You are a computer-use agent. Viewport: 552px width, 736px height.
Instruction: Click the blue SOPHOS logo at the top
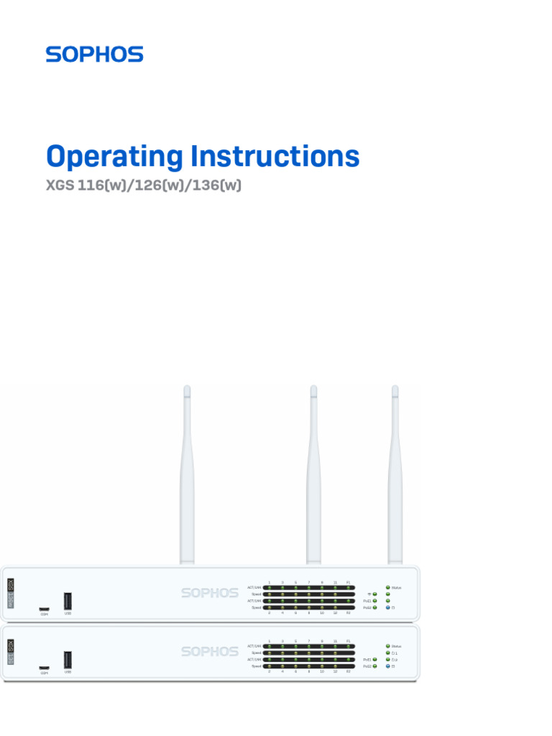click(94, 55)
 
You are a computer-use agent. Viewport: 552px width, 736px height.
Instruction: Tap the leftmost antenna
click(187, 474)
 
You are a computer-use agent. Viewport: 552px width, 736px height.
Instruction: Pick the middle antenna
click(313, 474)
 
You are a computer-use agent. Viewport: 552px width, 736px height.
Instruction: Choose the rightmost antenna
click(395, 474)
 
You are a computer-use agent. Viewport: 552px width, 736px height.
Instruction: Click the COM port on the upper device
click(45, 609)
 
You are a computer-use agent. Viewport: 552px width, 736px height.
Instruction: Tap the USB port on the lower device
click(68, 659)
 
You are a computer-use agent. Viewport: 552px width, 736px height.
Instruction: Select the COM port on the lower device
click(45, 668)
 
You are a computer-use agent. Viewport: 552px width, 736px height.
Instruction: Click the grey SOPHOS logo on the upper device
click(209, 593)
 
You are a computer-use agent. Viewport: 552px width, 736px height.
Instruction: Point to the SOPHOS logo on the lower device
click(209, 651)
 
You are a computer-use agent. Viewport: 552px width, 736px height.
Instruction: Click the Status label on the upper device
click(397, 588)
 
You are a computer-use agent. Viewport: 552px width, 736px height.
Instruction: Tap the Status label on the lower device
click(397, 646)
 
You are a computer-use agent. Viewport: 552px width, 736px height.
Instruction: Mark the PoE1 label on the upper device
click(367, 601)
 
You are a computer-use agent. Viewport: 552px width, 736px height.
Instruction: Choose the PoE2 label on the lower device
click(367, 666)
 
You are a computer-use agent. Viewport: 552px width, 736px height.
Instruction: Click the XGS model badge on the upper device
click(11, 593)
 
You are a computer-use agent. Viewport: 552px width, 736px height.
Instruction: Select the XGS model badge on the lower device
click(11, 652)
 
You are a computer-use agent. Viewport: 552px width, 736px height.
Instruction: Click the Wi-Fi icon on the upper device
click(369, 594)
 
